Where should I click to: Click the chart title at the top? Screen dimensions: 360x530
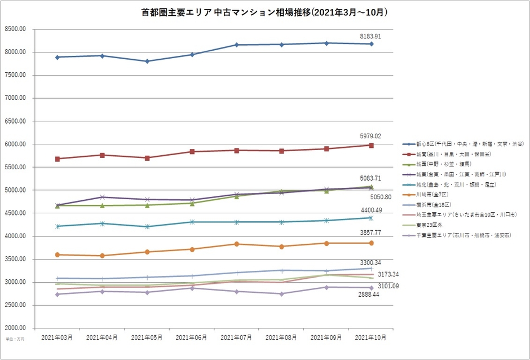[x=264, y=12]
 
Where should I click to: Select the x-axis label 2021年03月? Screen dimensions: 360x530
[x=57, y=337]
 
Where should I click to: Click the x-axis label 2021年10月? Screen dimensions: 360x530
[x=371, y=337]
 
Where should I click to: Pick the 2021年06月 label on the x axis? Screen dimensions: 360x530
[x=192, y=337]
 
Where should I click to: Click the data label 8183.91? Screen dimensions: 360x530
[x=370, y=36]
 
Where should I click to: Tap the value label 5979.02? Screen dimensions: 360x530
[x=370, y=136]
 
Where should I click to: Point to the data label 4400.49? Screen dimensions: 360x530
[x=370, y=210]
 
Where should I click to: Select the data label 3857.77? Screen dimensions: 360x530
[x=370, y=232]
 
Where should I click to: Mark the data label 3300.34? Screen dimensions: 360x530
[x=370, y=262]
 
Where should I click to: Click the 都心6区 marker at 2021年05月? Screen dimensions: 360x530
[x=147, y=61]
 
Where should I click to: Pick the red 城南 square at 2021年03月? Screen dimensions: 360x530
[x=57, y=159]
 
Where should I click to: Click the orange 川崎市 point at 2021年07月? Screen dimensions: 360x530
[x=237, y=244]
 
